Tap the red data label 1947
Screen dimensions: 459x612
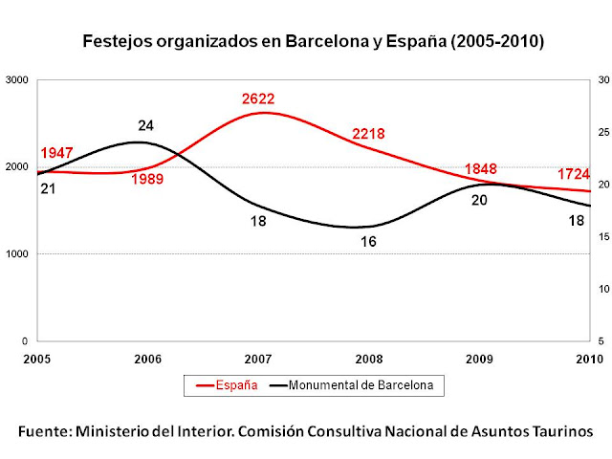click(56, 154)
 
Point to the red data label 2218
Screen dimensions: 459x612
click(371, 134)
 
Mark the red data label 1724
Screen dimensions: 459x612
click(572, 175)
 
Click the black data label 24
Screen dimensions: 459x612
click(146, 125)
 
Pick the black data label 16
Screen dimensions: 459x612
click(368, 242)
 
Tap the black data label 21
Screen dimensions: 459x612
click(48, 189)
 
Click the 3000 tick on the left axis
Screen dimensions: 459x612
click(17, 80)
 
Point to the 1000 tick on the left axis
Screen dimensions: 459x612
click(17, 254)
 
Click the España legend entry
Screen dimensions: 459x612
click(227, 385)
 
